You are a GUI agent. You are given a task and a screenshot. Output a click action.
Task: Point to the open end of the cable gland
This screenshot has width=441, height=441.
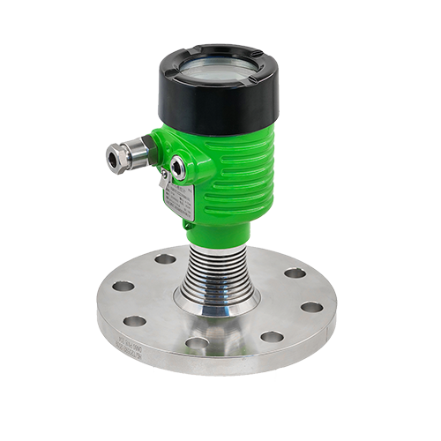pyautogui.click(x=110, y=158)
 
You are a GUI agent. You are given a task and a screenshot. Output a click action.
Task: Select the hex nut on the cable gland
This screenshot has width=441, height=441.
pyautogui.click(x=133, y=153)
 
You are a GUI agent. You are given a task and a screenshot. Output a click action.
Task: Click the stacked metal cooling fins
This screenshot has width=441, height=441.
pyautogui.click(x=216, y=265)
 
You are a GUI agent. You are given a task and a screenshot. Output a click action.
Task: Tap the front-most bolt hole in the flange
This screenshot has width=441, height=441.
pyautogui.click(x=197, y=342)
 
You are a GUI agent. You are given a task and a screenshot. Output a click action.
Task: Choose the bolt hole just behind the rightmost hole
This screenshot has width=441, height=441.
pyautogui.click(x=295, y=273)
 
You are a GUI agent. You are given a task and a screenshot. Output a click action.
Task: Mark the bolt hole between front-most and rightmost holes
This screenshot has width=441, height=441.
pyautogui.click(x=272, y=336)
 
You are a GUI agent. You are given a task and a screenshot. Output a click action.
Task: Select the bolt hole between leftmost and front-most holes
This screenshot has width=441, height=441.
pyautogui.click(x=135, y=320)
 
